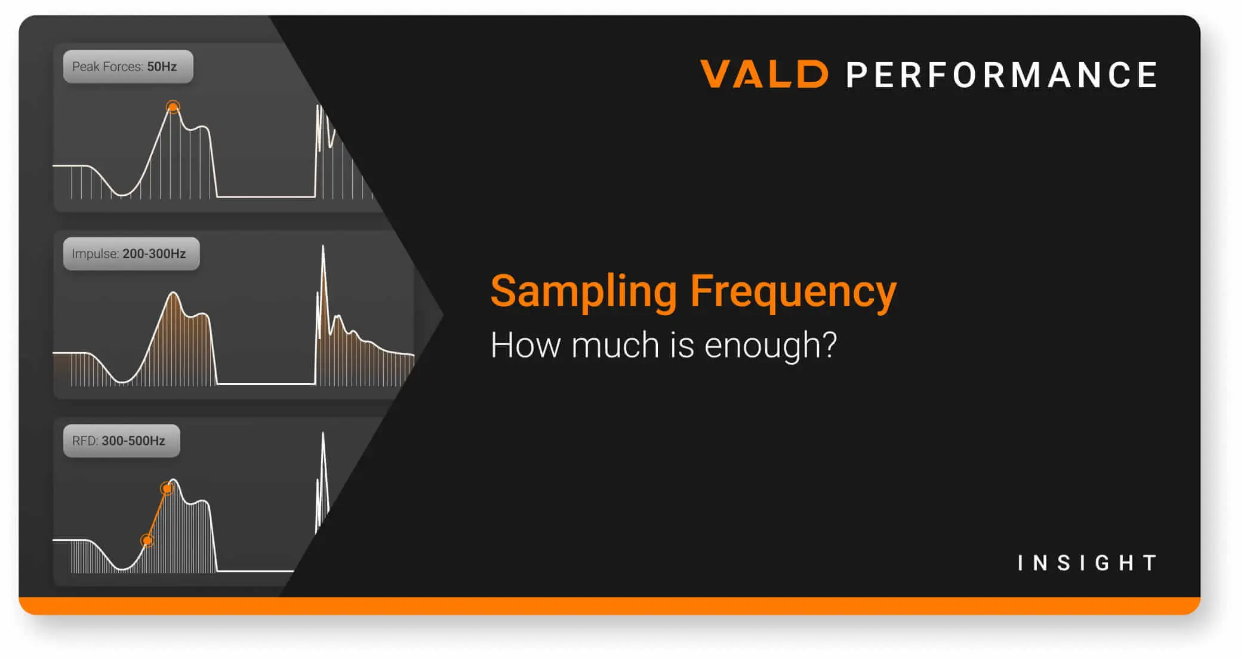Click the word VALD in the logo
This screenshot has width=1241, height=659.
click(x=763, y=74)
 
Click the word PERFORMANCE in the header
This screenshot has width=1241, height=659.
click(x=1002, y=75)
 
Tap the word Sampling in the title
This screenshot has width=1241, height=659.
click(x=583, y=291)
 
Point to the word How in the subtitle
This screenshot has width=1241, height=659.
click(x=525, y=345)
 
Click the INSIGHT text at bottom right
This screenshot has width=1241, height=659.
click(x=1086, y=562)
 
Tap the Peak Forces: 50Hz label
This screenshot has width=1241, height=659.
click(x=128, y=66)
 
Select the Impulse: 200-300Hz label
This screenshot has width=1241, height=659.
click(x=131, y=254)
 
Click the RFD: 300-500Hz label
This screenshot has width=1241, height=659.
click(x=121, y=441)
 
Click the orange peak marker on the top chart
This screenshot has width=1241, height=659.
click(x=173, y=107)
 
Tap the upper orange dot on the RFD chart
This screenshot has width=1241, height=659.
click(x=167, y=489)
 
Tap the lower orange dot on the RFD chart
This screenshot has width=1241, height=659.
click(x=147, y=540)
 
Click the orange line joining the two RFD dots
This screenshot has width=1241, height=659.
click(x=157, y=515)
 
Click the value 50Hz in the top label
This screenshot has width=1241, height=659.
click(x=162, y=66)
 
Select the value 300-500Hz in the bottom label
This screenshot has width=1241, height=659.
click(x=133, y=441)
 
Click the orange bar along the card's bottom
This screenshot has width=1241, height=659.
click(x=609, y=606)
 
